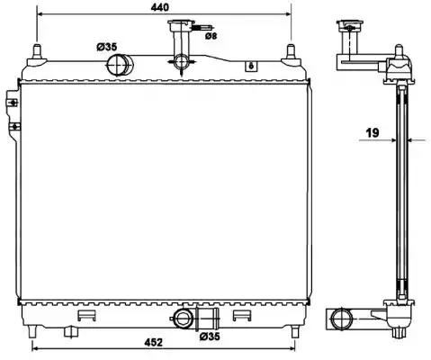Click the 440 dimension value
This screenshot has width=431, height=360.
point(160,7)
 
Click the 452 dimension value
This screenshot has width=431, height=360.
point(153,342)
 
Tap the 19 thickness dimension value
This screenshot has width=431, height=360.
point(373,132)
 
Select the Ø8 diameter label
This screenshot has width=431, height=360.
point(211,36)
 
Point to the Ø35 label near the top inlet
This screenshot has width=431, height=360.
point(106,47)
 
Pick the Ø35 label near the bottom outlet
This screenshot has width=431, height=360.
point(210,337)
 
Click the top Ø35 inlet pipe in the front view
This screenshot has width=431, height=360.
point(120,65)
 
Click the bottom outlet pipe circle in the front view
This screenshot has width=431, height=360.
point(183,319)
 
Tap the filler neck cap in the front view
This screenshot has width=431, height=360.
point(181,24)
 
